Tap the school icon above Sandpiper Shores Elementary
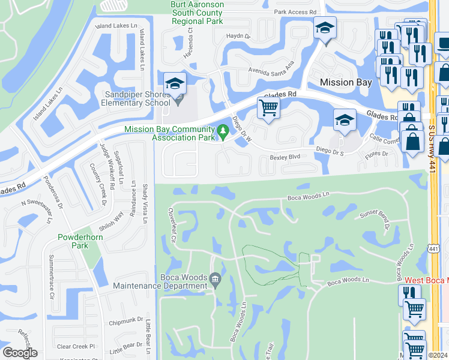coord(175,83)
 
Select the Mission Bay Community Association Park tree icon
coord(223,130)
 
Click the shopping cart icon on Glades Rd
coord(268,108)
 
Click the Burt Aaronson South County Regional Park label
coord(197,13)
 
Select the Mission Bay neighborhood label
coord(346,82)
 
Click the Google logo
coord(20,353)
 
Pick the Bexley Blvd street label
coord(285,157)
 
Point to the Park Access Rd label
coord(295,12)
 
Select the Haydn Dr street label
coord(238,36)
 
